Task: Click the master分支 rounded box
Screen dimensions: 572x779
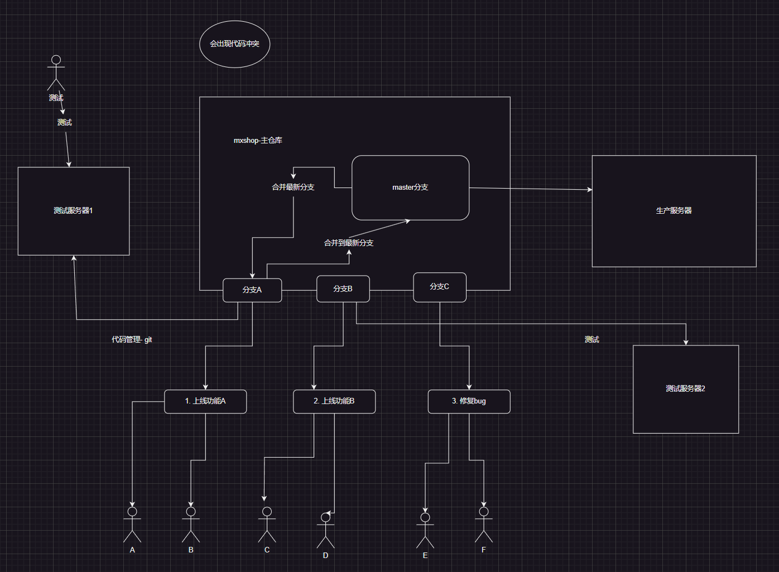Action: [410, 188]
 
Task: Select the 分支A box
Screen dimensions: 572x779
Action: [252, 290]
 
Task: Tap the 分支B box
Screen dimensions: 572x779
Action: [343, 289]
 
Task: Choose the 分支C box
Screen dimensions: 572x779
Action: [439, 287]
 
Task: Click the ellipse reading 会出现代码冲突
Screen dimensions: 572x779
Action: [234, 44]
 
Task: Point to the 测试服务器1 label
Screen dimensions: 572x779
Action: [73, 210]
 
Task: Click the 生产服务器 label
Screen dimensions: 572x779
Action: [674, 210]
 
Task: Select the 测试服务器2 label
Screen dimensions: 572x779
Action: [685, 388]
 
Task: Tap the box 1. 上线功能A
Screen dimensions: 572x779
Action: [205, 401]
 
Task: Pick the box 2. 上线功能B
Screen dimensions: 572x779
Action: [334, 401]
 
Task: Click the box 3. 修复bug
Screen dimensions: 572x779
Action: [469, 401]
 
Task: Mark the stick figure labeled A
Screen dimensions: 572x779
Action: [132, 525]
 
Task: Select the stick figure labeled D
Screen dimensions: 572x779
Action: [326, 531]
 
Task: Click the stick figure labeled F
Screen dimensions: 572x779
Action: [484, 525]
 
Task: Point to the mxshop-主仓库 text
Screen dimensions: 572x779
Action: [258, 141]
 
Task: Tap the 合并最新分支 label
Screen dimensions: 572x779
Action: [293, 187]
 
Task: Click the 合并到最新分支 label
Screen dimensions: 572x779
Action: [349, 243]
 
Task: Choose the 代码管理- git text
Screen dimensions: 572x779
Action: [132, 339]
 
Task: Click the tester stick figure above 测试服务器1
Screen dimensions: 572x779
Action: [56, 73]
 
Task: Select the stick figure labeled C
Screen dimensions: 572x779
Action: [267, 525]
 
